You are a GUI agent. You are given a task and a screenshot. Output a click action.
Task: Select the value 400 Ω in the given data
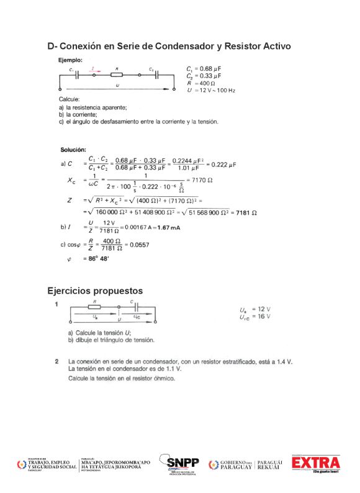pos(205,83)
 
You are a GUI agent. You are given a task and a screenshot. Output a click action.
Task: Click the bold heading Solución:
pos(73,150)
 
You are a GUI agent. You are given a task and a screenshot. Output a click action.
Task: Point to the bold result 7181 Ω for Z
pos(247,212)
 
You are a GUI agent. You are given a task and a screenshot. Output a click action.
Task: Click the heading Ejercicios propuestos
pos(95,291)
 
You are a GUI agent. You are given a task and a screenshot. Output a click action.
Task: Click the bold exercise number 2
pos(56,361)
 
